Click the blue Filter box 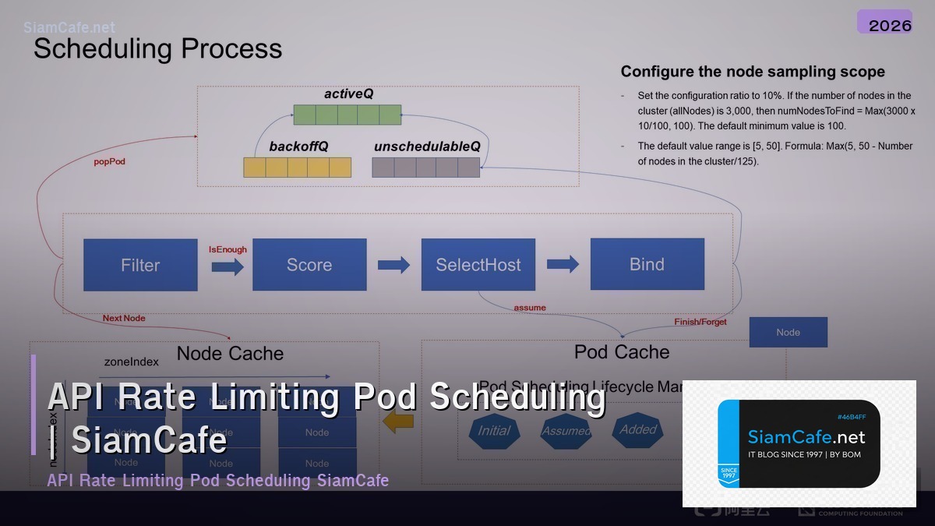[140, 265]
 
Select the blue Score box [309, 265]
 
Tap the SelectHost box [478, 265]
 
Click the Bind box [647, 264]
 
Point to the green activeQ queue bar [347, 115]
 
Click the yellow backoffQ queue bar [297, 168]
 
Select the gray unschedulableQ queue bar [425, 168]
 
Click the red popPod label [109, 162]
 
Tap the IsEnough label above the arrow [228, 249]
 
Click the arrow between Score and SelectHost [393, 265]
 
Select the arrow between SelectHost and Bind [563, 264]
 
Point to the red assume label [530, 307]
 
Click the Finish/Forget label [700, 322]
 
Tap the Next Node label [124, 318]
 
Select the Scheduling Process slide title [157, 48]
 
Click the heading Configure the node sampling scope [752, 72]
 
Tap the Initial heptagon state [493, 431]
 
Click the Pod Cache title [621, 352]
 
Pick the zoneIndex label [131, 362]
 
